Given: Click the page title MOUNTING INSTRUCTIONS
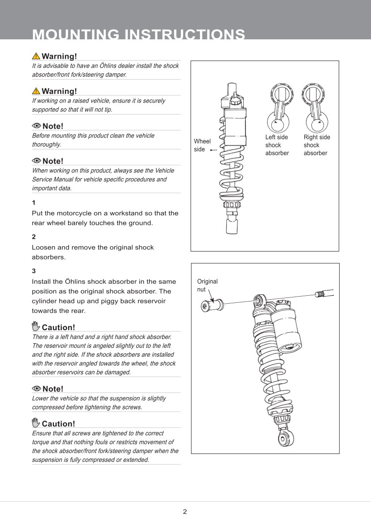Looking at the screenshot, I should [x=138, y=35].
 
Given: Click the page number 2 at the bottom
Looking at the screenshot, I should [x=185, y=512].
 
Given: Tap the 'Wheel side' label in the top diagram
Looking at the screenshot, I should [x=202, y=145].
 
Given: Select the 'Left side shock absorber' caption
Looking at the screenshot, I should [x=277, y=145].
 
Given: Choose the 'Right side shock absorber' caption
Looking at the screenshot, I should [x=317, y=145].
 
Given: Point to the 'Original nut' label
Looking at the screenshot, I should [x=207, y=285].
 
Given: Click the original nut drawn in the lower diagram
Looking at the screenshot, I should [x=211, y=305].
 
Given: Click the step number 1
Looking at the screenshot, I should [x=34, y=203].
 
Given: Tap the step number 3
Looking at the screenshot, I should [x=34, y=271].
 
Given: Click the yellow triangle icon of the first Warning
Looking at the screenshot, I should [x=36, y=56].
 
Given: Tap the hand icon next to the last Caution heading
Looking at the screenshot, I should [x=36, y=423].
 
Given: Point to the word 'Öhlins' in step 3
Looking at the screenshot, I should [x=76, y=282].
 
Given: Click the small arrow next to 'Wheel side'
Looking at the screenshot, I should [x=213, y=150].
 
